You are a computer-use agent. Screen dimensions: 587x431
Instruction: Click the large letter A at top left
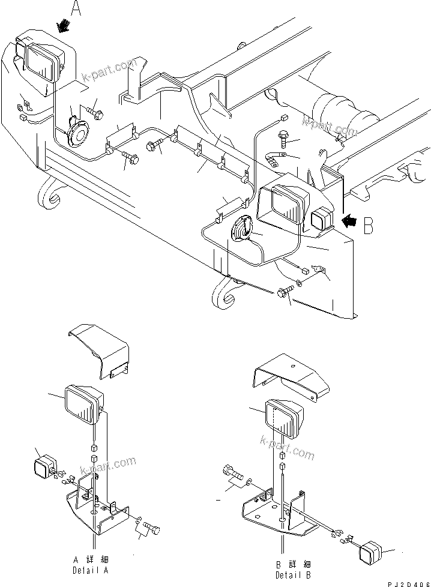click(x=76, y=8)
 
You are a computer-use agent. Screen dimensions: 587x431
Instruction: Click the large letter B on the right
click(x=368, y=225)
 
